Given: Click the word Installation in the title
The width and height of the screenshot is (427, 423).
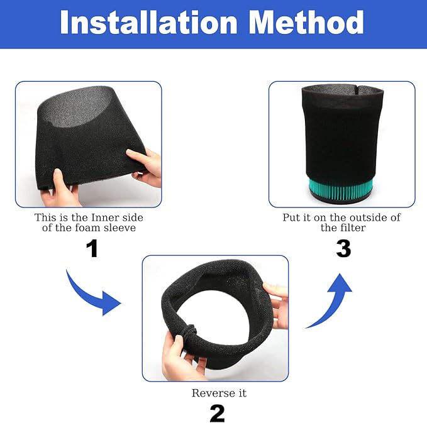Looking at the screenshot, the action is [x=148, y=22].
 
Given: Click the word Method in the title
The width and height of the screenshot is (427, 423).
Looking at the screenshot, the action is [x=306, y=22].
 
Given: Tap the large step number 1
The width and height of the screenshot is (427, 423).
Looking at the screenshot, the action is [x=92, y=248].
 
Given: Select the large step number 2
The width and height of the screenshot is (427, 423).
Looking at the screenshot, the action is [x=218, y=413].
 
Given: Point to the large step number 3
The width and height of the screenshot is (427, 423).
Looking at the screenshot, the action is [x=343, y=248].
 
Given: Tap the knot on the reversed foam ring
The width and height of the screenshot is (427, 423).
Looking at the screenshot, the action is [x=191, y=331].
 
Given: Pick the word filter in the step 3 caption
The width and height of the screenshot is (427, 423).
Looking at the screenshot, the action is [x=352, y=228].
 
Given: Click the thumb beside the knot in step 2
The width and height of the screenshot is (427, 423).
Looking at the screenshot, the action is [x=179, y=345].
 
